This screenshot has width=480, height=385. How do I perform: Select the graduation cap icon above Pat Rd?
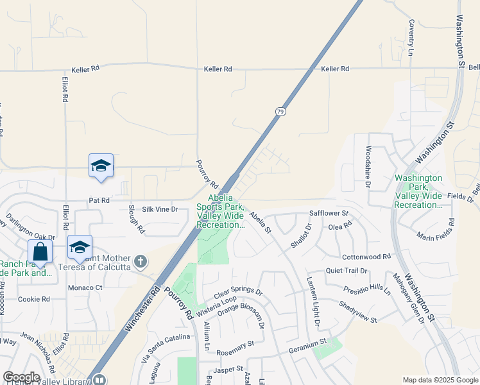(x=101, y=166)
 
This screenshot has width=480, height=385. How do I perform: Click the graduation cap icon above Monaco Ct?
(x=80, y=247)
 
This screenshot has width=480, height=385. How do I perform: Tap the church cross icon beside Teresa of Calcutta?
(x=142, y=261)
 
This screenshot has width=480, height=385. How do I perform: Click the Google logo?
(x=21, y=377)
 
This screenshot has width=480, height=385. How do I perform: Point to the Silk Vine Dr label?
(x=160, y=209)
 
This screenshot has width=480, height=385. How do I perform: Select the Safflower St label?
(x=329, y=212)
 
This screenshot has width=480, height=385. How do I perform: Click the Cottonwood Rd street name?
(x=366, y=256)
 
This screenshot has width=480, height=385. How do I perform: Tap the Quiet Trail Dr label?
(x=346, y=271)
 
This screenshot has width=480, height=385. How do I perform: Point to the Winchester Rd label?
(x=142, y=309)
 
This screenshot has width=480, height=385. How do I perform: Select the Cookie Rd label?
(x=34, y=299)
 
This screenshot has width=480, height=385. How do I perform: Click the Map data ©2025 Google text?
(x=440, y=380)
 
